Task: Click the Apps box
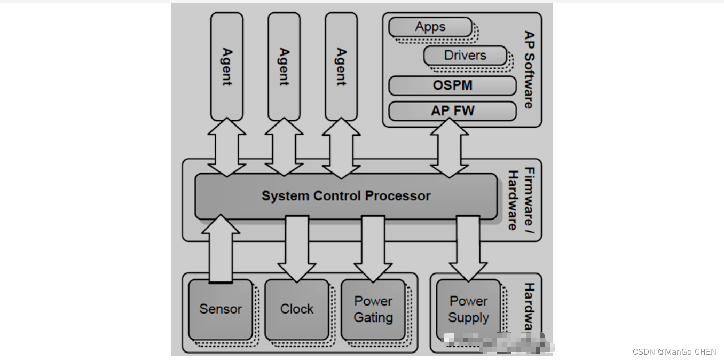point(430,27)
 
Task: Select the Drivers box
point(465,55)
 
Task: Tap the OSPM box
point(452,85)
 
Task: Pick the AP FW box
point(452,111)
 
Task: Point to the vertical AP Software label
point(529,69)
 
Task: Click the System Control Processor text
point(345,196)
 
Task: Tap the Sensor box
point(221,309)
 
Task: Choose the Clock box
point(297,309)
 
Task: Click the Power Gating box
point(373,309)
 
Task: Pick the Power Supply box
point(468,309)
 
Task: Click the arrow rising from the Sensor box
point(221,248)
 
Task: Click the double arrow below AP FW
point(449,147)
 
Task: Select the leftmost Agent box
point(227,67)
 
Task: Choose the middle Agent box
point(284,67)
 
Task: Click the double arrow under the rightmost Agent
point(341,147)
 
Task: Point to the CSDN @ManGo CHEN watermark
point(674,351)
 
